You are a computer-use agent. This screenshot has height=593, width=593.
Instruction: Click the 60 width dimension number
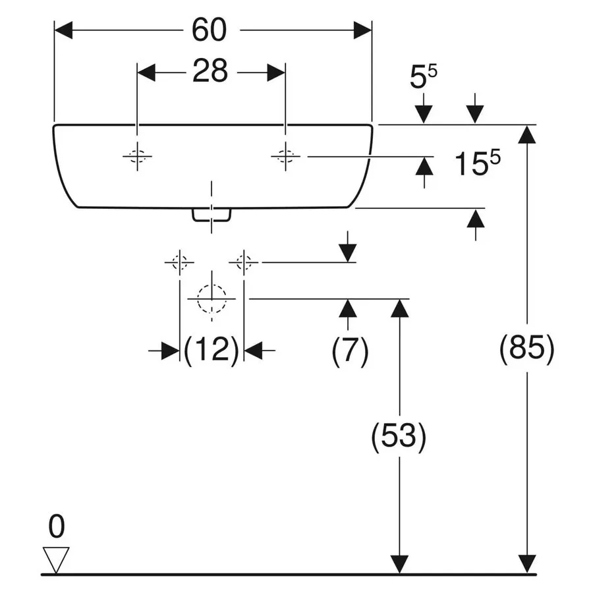[209, 30]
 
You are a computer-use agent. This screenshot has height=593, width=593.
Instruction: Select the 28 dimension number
[210, 71]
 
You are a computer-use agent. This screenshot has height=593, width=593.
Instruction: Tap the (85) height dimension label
[527, 349]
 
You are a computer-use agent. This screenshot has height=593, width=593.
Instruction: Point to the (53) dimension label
[399, 436]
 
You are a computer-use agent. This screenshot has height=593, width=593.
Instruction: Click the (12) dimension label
[212, 350]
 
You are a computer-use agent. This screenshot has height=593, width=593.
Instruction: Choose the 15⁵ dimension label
[477, 163]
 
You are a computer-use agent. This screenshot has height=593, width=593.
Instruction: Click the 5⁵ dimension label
[423, 76]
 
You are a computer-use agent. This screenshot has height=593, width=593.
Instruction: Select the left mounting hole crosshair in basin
[137, 156]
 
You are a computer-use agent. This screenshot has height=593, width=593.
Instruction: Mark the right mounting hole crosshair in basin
[285, 156]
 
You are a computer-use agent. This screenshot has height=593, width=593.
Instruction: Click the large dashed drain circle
[212, 298]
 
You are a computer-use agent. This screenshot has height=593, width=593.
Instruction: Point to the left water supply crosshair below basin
[179, 262]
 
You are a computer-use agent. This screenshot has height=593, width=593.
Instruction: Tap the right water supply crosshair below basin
[244, 262]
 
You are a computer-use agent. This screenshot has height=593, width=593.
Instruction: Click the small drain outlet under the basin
[212, 215]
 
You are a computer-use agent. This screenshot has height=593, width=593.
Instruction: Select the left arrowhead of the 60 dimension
[63, 30]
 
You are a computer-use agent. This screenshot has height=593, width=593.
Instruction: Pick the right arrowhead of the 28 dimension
[276, 72]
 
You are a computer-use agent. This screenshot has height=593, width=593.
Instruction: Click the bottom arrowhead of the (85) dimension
[527, 564]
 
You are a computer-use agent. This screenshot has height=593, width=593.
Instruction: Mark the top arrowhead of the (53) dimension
[400, 308]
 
